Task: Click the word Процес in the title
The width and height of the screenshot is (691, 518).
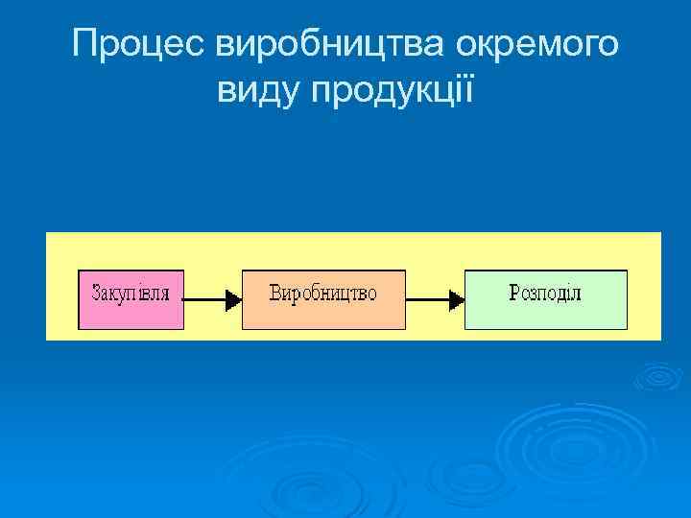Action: [139, 44]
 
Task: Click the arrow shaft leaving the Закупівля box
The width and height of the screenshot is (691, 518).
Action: [203, 300]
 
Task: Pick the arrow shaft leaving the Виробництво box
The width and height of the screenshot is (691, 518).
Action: [427, 300]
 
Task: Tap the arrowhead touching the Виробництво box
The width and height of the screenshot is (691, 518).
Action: [232, 300]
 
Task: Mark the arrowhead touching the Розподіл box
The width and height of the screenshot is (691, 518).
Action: [456, 300]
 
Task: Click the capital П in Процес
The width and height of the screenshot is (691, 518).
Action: [85, 44]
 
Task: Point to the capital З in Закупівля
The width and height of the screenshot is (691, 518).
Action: [97, 292]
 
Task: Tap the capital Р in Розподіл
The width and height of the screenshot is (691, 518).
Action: [514, 292]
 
